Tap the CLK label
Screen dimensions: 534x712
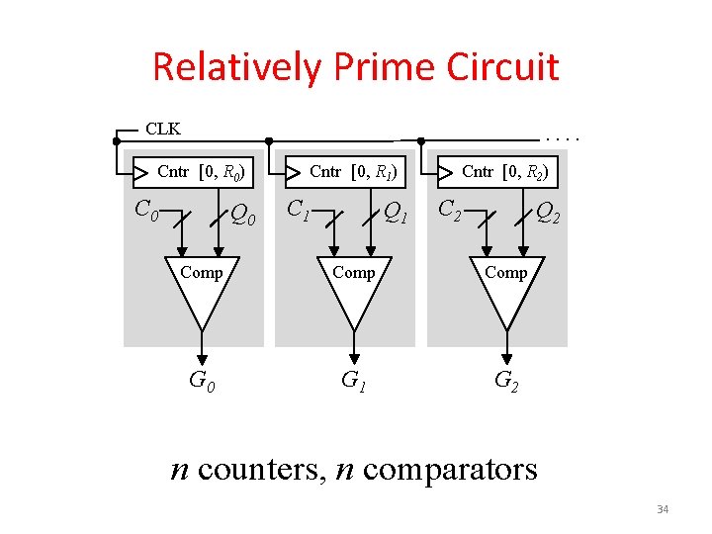(x=163, y=129)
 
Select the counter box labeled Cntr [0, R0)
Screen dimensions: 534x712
(x=194, y=172)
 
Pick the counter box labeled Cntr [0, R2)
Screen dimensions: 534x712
(x=498, y=172)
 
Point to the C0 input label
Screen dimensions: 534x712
(x=146, y=210)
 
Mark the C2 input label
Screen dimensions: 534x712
(x=451, y=210)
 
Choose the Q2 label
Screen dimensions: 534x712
(x=548, y=213)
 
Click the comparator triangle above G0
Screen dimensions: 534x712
(x=202, y=292)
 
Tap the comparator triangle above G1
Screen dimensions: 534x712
(x=354, y=292)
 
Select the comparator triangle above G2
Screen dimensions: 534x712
(x=506, y=292)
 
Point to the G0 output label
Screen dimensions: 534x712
(x=202, y=379)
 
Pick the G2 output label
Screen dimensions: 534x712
(x=506, y=379)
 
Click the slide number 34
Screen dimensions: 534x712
(x=663, y=509)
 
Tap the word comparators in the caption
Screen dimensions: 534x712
(x=450, y=468)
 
